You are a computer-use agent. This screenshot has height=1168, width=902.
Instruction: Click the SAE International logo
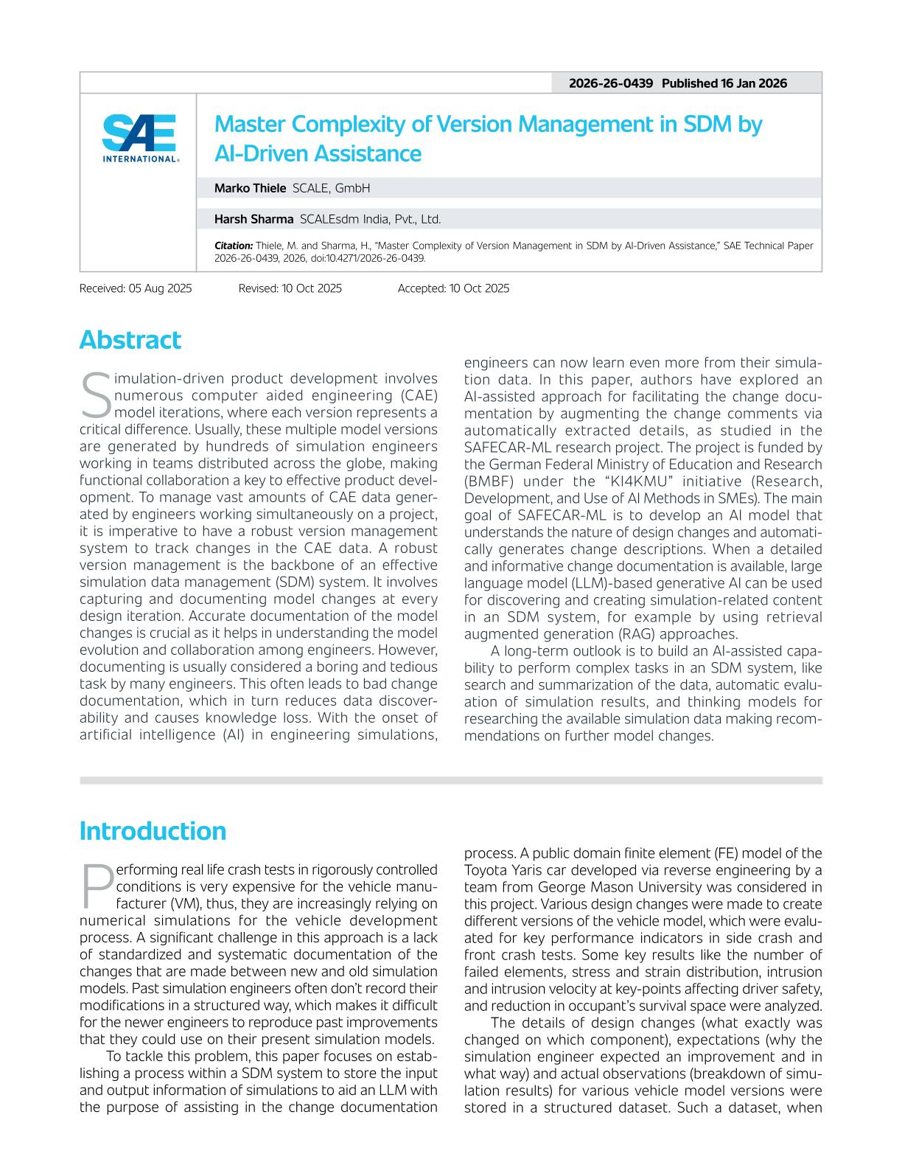pos(140,138)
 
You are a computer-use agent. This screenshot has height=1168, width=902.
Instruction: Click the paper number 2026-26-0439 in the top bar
pos(610,83)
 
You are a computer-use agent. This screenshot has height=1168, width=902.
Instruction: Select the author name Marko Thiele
pos(250,188)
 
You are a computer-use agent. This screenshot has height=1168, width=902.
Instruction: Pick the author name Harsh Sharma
pos(254,219)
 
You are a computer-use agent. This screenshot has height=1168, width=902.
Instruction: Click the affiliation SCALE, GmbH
pos(331,188)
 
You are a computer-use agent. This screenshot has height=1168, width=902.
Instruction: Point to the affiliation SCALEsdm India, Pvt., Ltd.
pos(370,219)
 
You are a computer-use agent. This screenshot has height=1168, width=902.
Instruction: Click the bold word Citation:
pos(233,246)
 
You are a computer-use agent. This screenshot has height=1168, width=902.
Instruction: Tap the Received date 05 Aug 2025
pos(160,288)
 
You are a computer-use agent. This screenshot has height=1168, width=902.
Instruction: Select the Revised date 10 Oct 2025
pos(311,288)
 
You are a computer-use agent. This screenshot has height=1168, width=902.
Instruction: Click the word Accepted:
pos(422,288)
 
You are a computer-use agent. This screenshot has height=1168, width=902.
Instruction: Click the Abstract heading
pos(130,340)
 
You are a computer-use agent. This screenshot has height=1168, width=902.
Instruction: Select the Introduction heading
pos(153,831)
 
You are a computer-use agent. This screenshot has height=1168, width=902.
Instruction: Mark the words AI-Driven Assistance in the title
pos(318,153)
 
